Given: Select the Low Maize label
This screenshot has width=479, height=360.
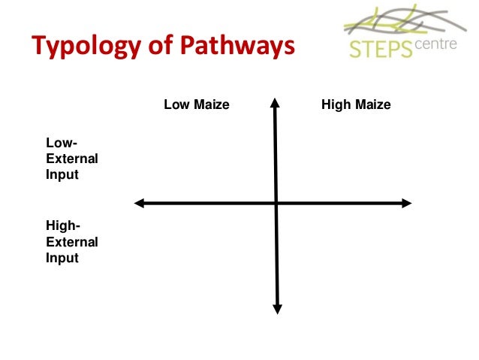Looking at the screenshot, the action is pos(196,105).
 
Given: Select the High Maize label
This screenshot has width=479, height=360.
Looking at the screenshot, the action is pos(356,105).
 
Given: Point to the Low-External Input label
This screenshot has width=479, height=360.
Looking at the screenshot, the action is pos(72,159).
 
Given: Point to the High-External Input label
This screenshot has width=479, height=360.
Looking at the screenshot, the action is pos(72,241).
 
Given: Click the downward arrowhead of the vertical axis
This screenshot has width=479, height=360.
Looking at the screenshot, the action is pos(276,307).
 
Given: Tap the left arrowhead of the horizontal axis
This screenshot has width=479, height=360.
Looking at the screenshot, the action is pos(138,202).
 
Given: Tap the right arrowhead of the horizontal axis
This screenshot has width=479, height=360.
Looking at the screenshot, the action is pos(407,202).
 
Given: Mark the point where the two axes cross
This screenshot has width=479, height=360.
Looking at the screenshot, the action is pos(276,202).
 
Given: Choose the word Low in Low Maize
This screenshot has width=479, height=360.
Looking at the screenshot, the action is pos(175,105).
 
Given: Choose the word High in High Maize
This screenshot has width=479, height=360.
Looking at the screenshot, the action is pos(334,105).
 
